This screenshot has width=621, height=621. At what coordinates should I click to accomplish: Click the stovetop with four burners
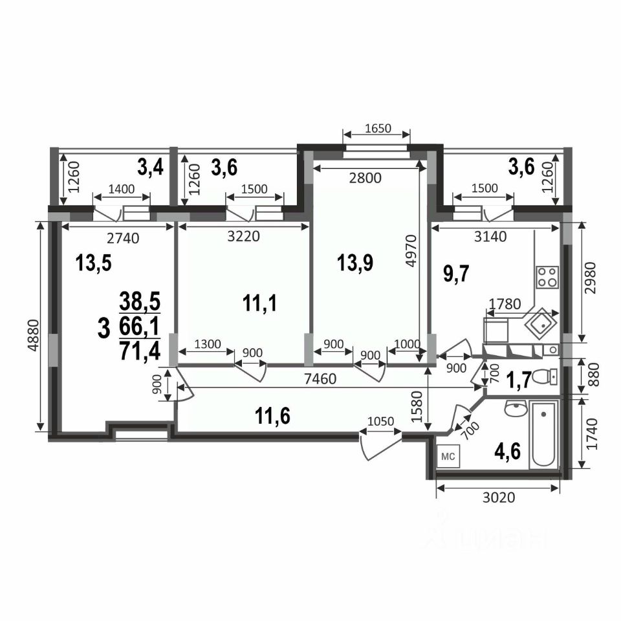pos(547,277)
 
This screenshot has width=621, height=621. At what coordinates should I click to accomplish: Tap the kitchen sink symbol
pos(541,324)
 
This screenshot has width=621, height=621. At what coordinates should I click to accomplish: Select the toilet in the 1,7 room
pos(545,376)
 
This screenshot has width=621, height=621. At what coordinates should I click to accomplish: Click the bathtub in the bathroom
pos(543,435)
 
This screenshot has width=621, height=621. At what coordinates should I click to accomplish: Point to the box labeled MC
pos(448,456)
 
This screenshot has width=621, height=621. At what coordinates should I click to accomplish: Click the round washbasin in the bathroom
pos(516,408)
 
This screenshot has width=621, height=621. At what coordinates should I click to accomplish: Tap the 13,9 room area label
pos(355,263)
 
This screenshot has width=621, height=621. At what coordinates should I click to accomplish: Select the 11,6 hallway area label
pos(272,416)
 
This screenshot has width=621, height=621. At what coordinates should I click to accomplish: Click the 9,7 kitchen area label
pos(456,274)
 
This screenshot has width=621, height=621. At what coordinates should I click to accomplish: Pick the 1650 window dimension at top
pos(377,128)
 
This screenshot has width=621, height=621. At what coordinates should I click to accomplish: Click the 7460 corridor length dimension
pos(321,378)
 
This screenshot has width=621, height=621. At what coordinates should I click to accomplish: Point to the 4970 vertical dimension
pos(411,251)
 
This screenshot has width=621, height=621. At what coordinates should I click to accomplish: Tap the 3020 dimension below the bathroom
pos(499,497)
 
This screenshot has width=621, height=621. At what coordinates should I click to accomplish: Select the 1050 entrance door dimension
pos(380,421)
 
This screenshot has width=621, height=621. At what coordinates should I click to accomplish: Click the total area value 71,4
pos(140,351)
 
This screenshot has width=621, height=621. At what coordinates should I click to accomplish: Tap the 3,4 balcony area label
pos(151,167)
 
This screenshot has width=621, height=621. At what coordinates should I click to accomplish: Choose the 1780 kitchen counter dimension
pos(505,304)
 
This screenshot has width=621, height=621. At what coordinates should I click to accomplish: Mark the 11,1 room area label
pos(260,304)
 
